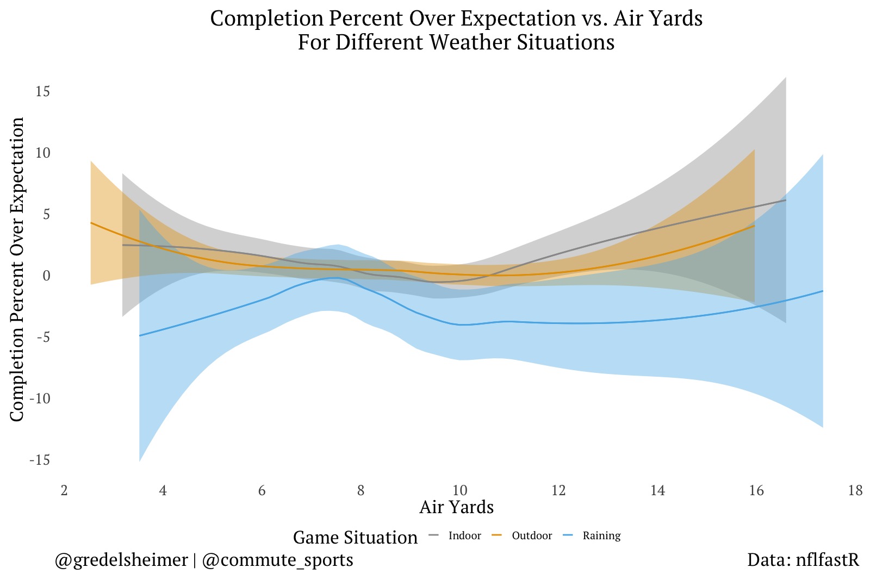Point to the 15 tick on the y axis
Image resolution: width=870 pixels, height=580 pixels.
pyautogui.click(x=42, y=91)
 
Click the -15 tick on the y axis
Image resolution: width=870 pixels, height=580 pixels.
pyautogui.click(x=40, y=460)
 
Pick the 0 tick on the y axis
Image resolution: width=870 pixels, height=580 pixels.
pyautogui.click(x=46, y=276)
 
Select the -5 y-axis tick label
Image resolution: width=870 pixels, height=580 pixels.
pyautogui.click(x=42, y=338)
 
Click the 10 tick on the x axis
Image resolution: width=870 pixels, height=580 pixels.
pyautogui.click(x=459, y=491)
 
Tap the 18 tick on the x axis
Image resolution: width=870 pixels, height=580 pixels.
pyautogui.click(x=855, y=491)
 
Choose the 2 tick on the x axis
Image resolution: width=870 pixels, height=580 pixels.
pyautogui.click(x=64, y=491)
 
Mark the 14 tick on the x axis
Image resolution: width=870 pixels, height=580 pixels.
pyautogui.click(x=657, y=491)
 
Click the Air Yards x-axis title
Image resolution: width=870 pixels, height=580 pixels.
pyautogui.click(x=456, y=507)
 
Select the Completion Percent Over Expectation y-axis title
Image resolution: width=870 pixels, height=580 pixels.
pyautogui.click(x=17, y=269)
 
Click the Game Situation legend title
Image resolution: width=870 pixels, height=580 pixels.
pyautogui.click(x=355, y=538)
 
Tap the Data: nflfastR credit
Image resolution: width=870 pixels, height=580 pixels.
pyautogui.click(x=803, y=560)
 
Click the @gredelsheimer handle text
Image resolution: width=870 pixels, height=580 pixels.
pyautogui.click(x=121, y=560)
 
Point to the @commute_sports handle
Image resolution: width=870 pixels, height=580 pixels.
pyautogui.click(x=277, y=560)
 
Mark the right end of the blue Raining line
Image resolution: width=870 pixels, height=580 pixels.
pyautogui.click(x=823, y=291)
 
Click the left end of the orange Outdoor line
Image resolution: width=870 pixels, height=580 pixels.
pyautogui.click(x=91, y=223)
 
